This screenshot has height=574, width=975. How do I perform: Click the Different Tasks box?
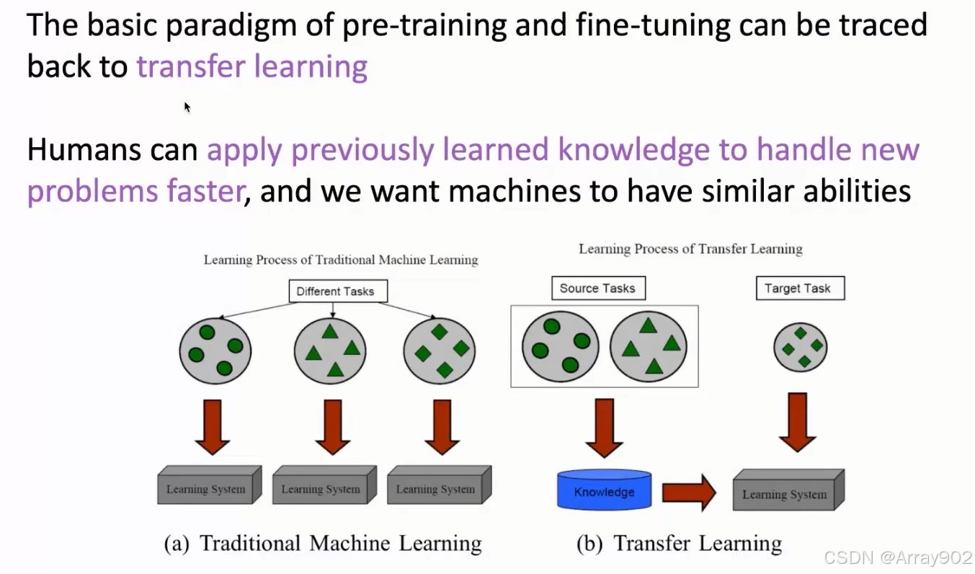[x=335, y=291]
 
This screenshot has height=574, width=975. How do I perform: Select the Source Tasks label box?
[x=597, y=288]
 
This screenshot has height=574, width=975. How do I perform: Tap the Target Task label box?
[x=798, y=288]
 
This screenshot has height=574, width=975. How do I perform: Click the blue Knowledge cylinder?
[x=604, y=492]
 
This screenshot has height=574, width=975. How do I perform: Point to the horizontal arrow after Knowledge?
[x=688, y=493]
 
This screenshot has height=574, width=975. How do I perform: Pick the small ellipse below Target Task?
[x=800, y=347]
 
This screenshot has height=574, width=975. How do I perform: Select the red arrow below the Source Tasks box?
[x=604, y=428]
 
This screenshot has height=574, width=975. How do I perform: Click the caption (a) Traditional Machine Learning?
[x=323, y=543]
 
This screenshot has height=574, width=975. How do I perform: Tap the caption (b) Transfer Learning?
[x=679, y=543]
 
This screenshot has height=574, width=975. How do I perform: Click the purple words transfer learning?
[x=252, y=66]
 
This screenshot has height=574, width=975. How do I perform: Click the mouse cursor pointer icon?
[x=187, y=107]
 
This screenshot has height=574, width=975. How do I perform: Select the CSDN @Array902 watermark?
[x=898, y=557]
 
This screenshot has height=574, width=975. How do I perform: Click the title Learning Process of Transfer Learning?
[x=690, y=250]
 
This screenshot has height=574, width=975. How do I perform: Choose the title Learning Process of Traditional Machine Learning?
[x=341, y=260]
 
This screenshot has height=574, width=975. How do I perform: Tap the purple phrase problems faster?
[x=134, y=191]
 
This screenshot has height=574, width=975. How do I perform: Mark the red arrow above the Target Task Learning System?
[x=797, y=422]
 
